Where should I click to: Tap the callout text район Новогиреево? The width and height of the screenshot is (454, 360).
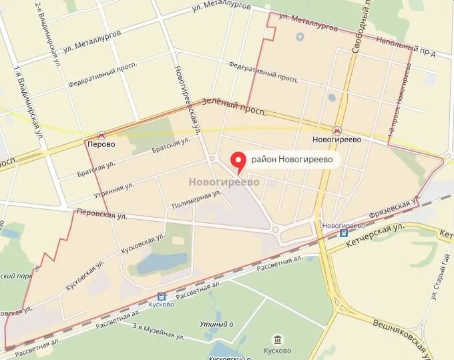coord(291,160)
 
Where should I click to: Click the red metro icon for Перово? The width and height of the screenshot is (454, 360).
coord(101,134)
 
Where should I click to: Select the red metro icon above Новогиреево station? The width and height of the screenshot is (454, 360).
coord(337,130)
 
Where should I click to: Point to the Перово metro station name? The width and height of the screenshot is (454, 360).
coord(101,144)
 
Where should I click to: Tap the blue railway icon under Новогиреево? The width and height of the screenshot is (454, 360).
coord(343,234)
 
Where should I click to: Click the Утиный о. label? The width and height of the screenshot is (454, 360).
coord(218,323)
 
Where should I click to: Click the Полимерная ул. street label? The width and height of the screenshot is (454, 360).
coord(196,199)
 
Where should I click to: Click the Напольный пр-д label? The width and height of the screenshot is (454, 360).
coord(405,49)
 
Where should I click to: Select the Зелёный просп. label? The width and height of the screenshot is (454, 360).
coord(238,105)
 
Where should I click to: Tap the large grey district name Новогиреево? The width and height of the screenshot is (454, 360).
coord(224,181)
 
